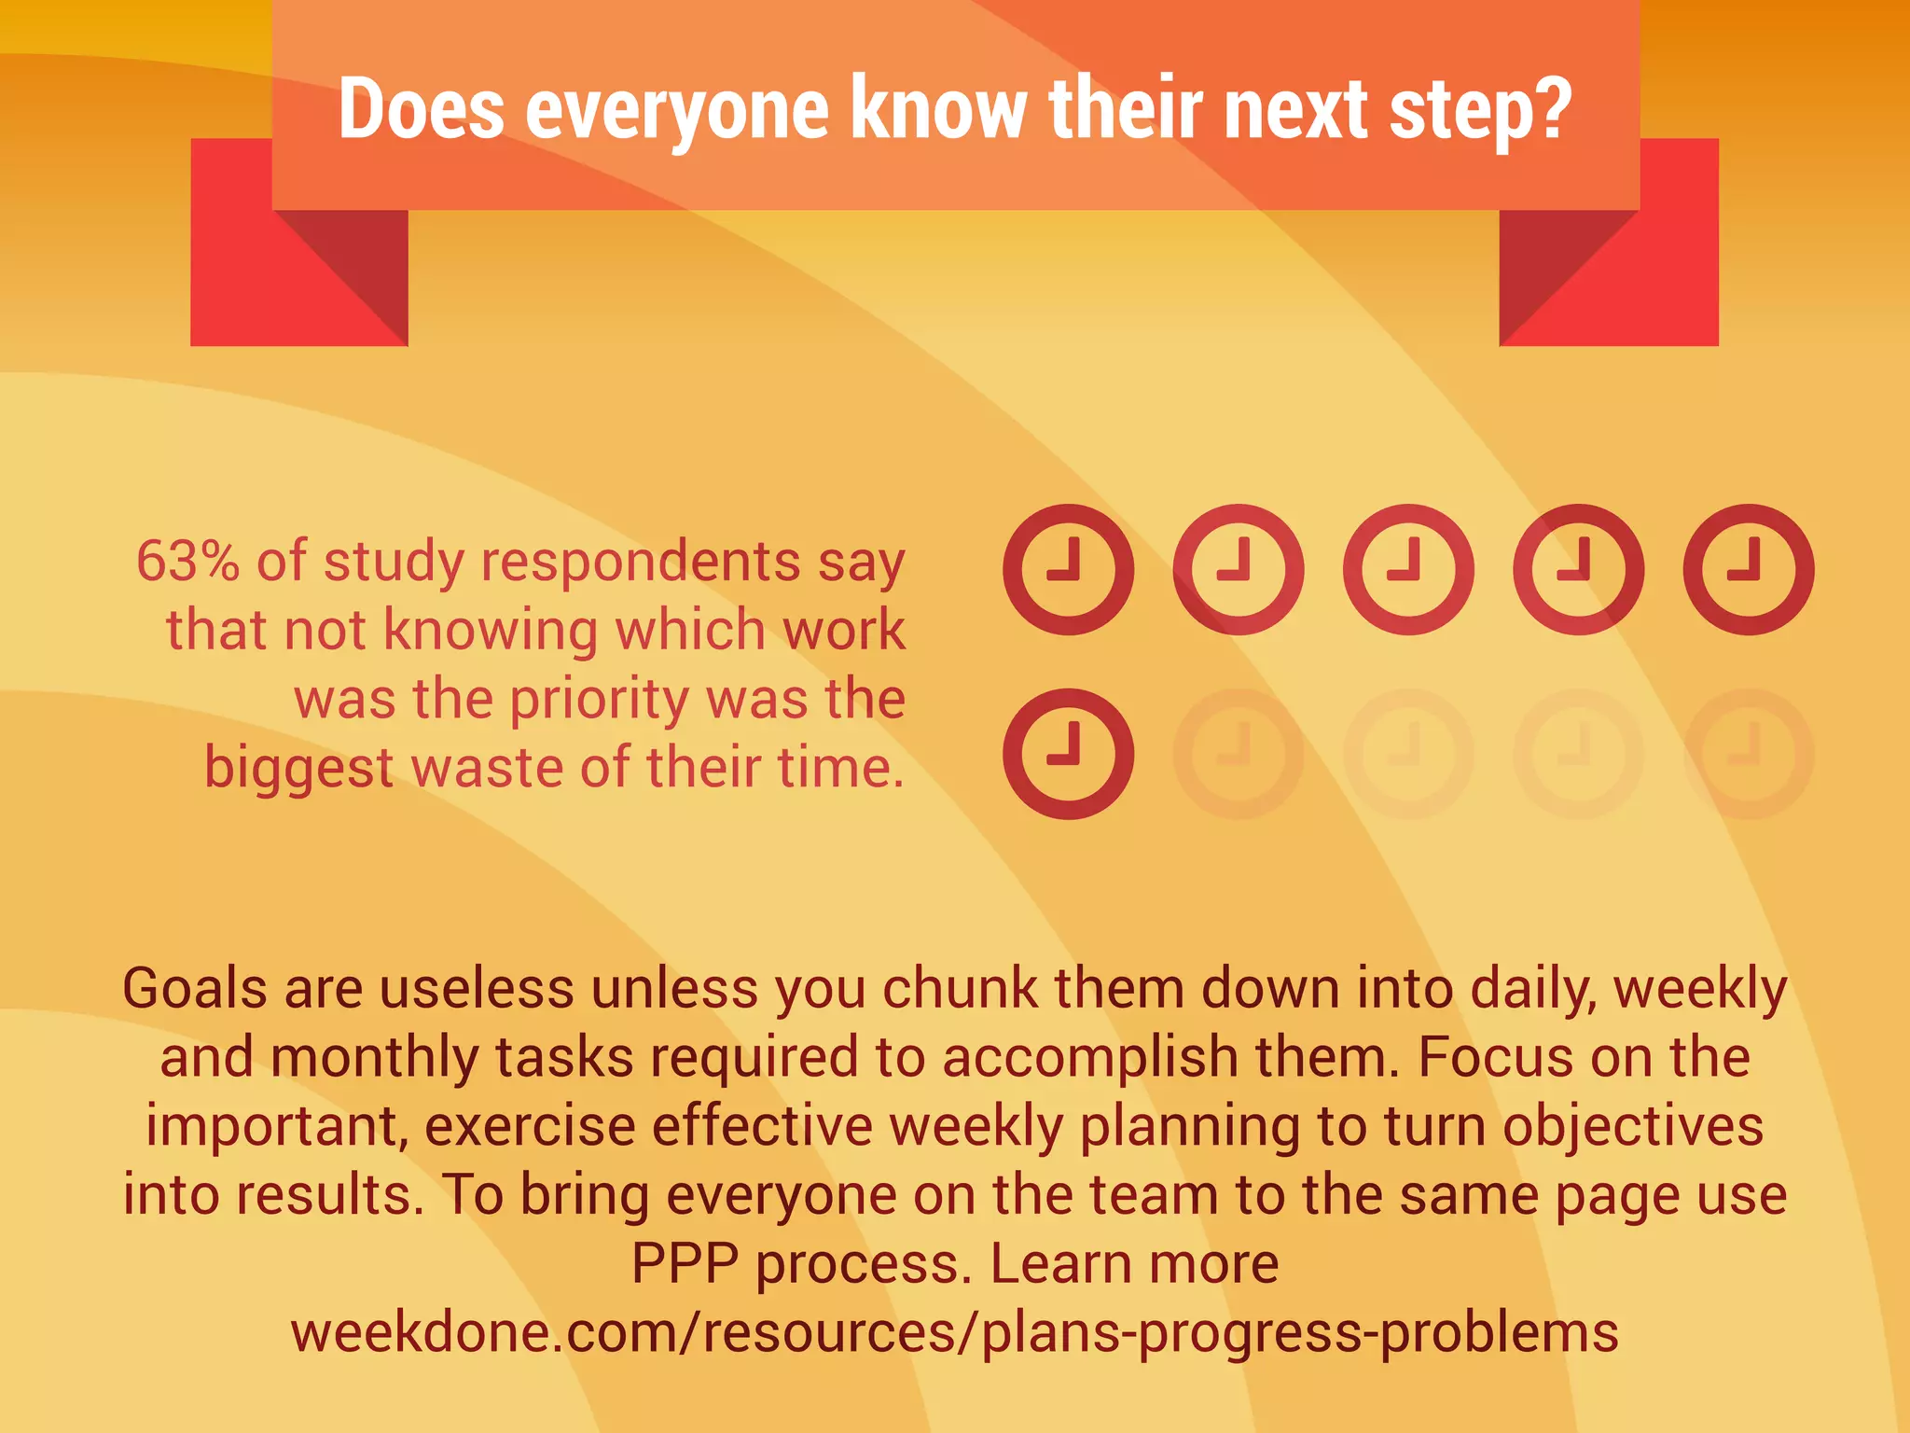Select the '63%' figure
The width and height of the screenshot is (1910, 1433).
(x=187, y=562)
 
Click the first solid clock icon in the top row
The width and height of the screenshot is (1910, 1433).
(x=1068, y=569)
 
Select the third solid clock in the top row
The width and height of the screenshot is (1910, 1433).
(x=1408, y=569)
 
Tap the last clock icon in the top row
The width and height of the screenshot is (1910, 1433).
(x=1748, y=569)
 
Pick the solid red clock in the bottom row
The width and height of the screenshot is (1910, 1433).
(x=1068, y=754)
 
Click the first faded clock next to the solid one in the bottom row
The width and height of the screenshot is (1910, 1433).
(x=1238, y=754)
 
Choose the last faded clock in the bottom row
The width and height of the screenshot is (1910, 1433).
(x=1748, y=754)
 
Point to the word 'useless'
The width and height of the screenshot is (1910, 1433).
(x=477, y=989)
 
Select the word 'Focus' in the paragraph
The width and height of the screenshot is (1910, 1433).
(x=1495, y=1058)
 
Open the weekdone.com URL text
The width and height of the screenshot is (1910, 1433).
(x=954, y=1332)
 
